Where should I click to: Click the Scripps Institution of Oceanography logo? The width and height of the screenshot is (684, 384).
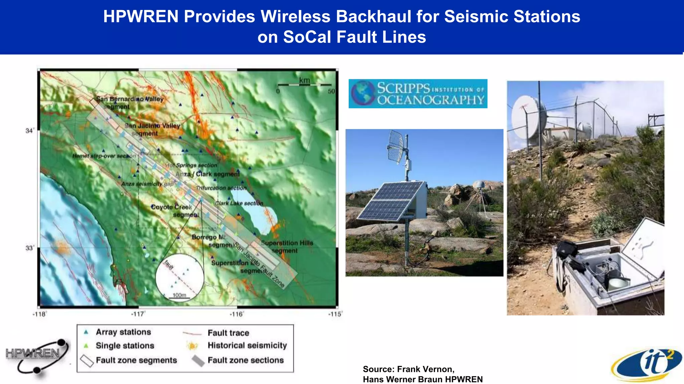[x=418, y=94]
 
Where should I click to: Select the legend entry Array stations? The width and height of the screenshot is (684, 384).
[x=123, y=332]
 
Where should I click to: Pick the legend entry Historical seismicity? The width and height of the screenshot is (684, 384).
[x=247, y=345]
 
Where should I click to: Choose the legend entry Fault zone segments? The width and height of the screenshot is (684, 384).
[x=136, y=360]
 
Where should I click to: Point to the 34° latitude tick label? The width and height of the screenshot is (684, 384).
[x=30, y=131]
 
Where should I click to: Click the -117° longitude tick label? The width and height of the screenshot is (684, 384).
[x=138, y=314]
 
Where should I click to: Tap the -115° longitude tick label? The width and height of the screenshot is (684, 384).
[x=335, y=314]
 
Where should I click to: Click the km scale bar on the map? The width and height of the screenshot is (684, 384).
[x=304, y=85]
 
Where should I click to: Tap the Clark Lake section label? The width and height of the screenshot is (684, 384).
[x=239, y=203]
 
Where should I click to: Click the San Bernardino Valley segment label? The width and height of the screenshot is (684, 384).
[x=130, y=103]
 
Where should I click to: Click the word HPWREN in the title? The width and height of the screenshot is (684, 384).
[x=141, y=17]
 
